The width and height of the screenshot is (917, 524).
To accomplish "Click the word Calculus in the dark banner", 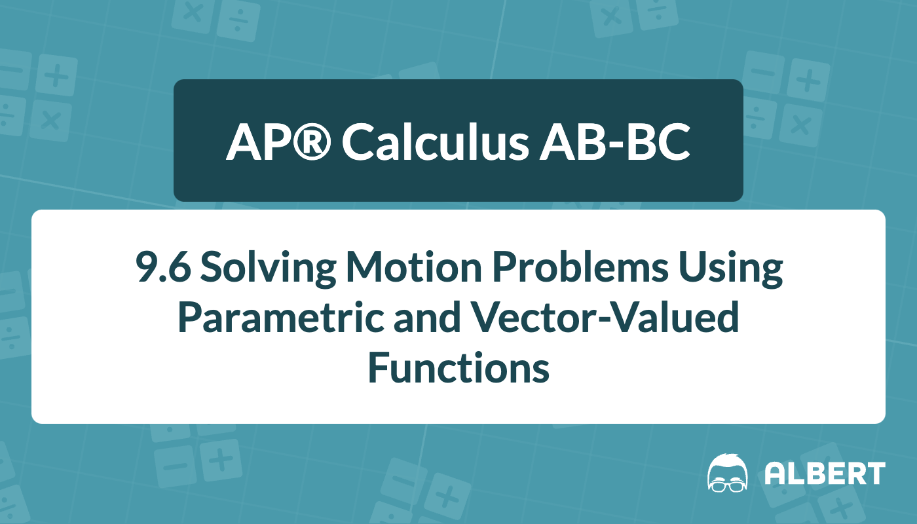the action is [435, 141].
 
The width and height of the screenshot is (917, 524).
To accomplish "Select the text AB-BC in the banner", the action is [615, 142].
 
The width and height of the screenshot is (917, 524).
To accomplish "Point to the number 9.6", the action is [163, 268].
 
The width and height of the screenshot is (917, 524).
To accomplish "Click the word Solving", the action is [268, 269].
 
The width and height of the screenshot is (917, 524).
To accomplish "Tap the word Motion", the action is [414, 267].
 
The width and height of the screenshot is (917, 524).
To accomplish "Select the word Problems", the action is [580, 267].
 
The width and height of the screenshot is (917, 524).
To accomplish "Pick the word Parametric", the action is [281, 318].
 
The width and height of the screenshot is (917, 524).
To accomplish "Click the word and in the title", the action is [427, 317].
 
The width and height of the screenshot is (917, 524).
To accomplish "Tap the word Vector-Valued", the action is [605, 317].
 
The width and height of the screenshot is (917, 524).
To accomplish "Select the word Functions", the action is [458, 367].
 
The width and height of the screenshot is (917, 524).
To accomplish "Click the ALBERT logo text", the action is [825, 473].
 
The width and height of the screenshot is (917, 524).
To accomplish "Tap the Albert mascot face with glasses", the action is [728, 473].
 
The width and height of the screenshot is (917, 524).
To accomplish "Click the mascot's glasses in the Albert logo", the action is [728, 486].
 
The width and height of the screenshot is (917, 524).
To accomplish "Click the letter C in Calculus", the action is [358, 142].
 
